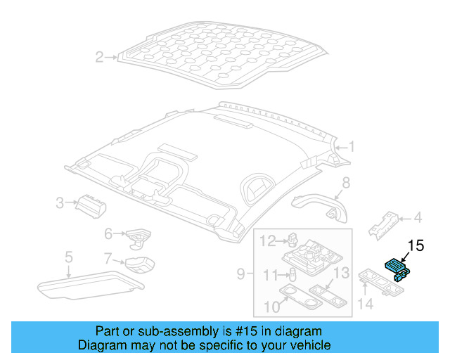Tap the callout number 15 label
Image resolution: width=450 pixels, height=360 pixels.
coord(416,245)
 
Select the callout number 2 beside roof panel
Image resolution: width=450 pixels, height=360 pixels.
coord(100,57)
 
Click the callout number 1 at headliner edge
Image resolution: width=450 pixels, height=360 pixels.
coord(352,147)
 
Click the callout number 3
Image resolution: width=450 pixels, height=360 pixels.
coord(62,204)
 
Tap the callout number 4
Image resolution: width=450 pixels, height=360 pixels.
coord(417,217)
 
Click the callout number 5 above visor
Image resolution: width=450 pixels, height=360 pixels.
coord(68,257)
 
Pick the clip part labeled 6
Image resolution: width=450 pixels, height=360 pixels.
coord(137,235)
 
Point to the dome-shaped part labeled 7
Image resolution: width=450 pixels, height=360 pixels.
coord(140,266)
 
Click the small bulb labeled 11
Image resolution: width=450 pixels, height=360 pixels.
coord(292,274)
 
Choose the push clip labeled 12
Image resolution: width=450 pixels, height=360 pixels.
coord(290,241)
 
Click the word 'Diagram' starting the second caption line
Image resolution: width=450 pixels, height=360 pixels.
coord(98,345)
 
